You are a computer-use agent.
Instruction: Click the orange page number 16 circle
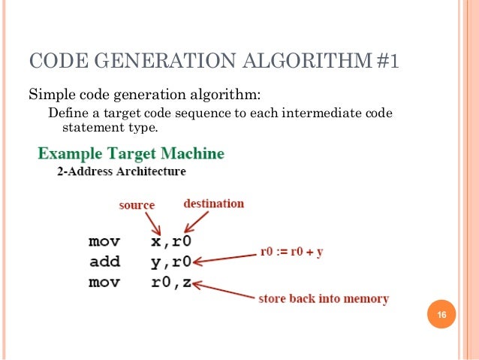[441, 314]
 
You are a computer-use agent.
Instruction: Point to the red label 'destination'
[213, 203]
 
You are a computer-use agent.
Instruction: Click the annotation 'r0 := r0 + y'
[291, 252]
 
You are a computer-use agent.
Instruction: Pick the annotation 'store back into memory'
[324, 299]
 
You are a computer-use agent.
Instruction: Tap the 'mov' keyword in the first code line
[104, 242]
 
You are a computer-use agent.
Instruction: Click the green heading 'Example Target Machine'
[131, 153]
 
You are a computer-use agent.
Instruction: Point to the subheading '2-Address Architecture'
[122, 171]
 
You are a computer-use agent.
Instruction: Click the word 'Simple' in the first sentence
[50, 95]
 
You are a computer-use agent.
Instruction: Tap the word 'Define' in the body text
[67, 113]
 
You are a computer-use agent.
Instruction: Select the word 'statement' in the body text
[90, 127]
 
